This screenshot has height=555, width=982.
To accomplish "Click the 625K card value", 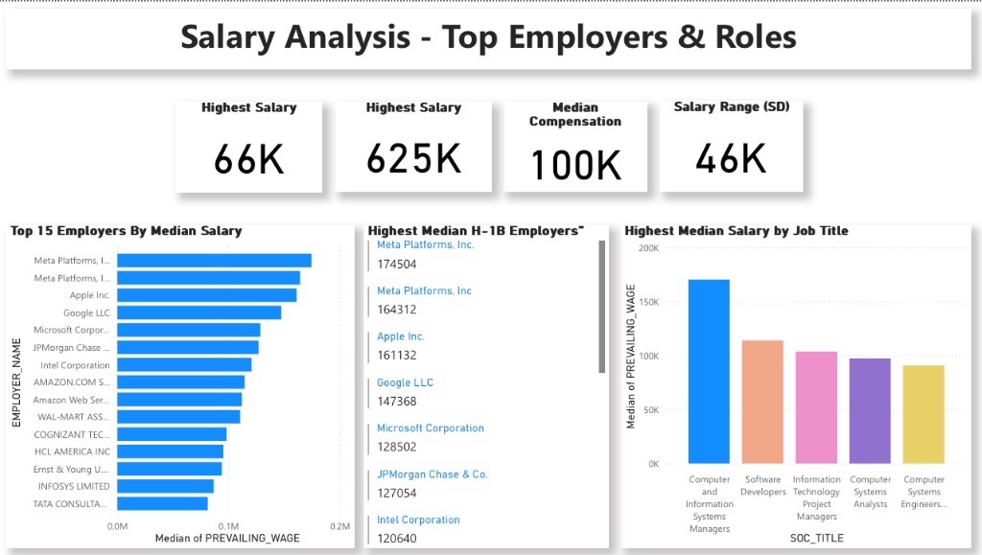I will pos(414,157).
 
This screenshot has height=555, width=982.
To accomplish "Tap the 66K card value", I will pos(249,159).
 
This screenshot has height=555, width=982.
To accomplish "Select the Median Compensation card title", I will pos(575,114).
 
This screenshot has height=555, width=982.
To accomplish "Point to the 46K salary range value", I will pos(731,158).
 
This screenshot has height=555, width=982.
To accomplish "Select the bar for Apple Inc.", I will pos(206,295).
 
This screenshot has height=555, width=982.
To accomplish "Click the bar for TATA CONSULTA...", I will pos(162,503).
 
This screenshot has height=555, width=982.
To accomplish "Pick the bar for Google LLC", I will pos(199,312).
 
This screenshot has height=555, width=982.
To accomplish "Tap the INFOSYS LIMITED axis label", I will pos(74,486).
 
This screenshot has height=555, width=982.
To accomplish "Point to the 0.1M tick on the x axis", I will pos(228,526).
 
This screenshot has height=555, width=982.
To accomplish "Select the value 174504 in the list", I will pos(397,264).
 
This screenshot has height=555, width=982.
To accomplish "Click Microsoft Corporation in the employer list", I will pos(431,428).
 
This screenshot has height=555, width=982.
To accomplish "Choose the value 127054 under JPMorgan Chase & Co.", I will pos(397,494).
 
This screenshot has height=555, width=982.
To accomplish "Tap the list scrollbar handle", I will pos(601,307).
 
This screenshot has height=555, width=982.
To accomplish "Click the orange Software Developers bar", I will pos(762,402).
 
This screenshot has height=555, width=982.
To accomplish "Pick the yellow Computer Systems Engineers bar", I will pos(924,414).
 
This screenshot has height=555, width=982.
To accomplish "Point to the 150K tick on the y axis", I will pos(645,302).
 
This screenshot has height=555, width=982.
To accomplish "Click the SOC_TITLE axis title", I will pos(816,538).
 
